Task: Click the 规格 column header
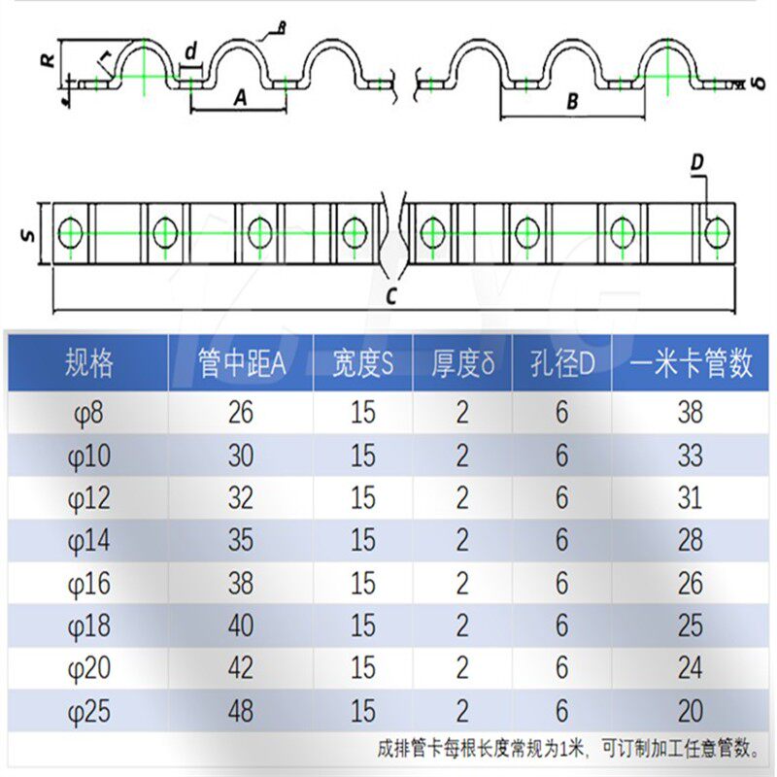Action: click(x=88, y=363)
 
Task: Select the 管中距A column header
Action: click(x=241, y=363)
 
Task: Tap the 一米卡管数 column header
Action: click(x=691, y=363)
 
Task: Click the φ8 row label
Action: click(x=85, y=413)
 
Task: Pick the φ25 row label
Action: click(x=88, y=711)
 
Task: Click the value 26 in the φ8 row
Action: click(x=240, y=413)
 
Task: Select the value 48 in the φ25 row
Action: click(x=240, y=711)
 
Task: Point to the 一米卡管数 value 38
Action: click(x=690, y=413)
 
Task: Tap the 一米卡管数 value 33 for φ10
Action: click(x=690, y=456)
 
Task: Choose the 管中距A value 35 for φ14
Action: click(x=240, y=540)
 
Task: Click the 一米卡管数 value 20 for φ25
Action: click(x=690, y=711)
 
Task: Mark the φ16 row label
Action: click(x=88, y=583)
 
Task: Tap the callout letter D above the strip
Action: click(x=697, y=165)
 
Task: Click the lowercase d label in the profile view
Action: click(x=190, y=49)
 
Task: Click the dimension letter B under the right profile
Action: click(x=572, y=101)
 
